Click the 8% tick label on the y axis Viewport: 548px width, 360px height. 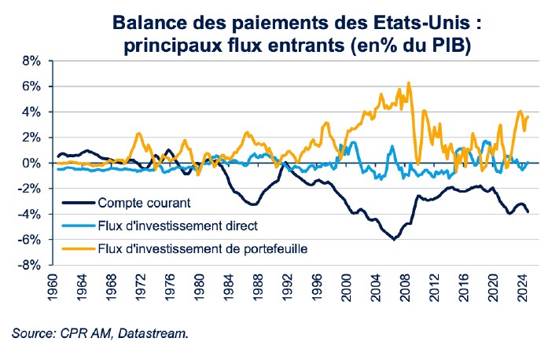tap(30, 60)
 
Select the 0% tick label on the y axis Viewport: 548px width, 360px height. tap(30, 163)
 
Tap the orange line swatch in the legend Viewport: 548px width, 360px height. tap(75, 249)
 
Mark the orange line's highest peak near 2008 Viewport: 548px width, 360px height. tap(408, 83)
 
